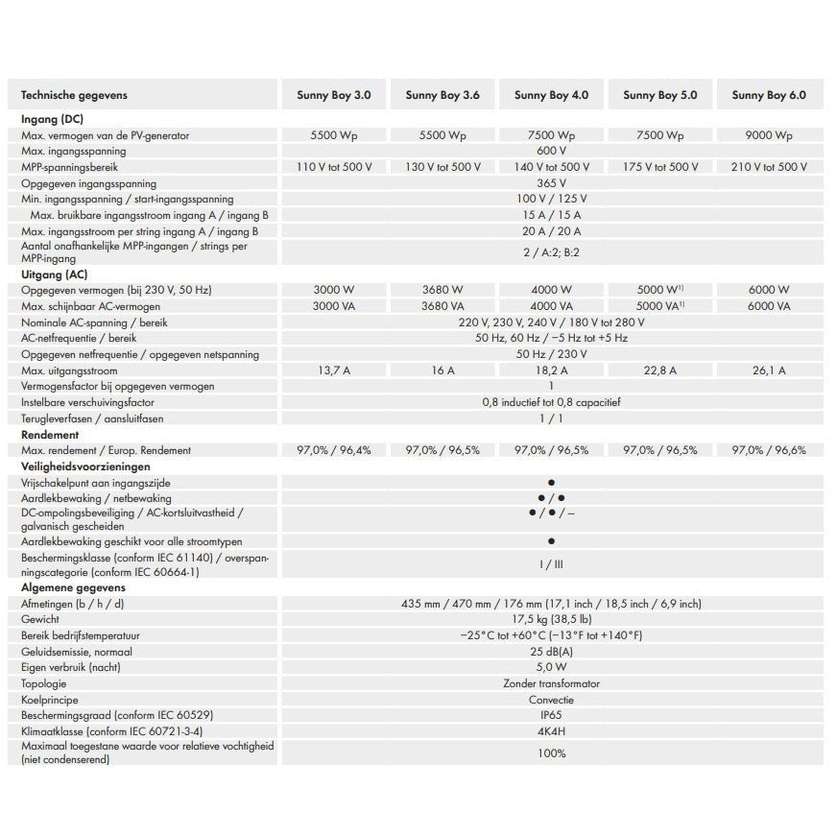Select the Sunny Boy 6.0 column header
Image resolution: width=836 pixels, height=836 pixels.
click(x=768, y=95)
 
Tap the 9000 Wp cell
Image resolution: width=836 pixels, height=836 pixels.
click(x=768, y=135)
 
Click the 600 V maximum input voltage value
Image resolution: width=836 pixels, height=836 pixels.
click(x=551, y=151)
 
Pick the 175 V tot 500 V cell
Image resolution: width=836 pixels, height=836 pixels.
click(x=659, y=167)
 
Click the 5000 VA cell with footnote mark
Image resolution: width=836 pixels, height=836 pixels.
click(x=659, y=306)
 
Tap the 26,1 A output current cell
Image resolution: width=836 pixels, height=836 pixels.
click(x=768, y=370)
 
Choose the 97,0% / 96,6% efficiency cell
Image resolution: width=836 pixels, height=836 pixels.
click(x=768, y=450)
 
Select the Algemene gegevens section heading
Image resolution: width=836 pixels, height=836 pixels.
click(x=70, y=587)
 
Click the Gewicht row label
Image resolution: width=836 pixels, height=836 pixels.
click(x=40, y=619)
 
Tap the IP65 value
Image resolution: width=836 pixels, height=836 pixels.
click(x=551, y=716)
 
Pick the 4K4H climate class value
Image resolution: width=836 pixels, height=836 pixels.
click(x=551, y=731)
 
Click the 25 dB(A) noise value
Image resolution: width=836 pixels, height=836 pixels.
click(x=551, y=652)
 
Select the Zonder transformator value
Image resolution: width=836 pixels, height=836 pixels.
click(x=551, y=683)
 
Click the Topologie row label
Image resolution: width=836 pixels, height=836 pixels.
click(x=44, y=683)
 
